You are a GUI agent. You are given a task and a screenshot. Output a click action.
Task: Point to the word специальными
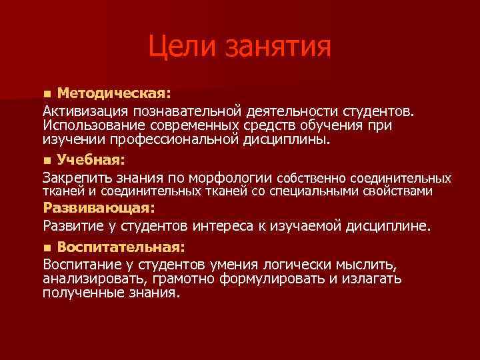322,191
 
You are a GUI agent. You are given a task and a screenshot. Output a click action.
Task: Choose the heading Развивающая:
99,208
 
